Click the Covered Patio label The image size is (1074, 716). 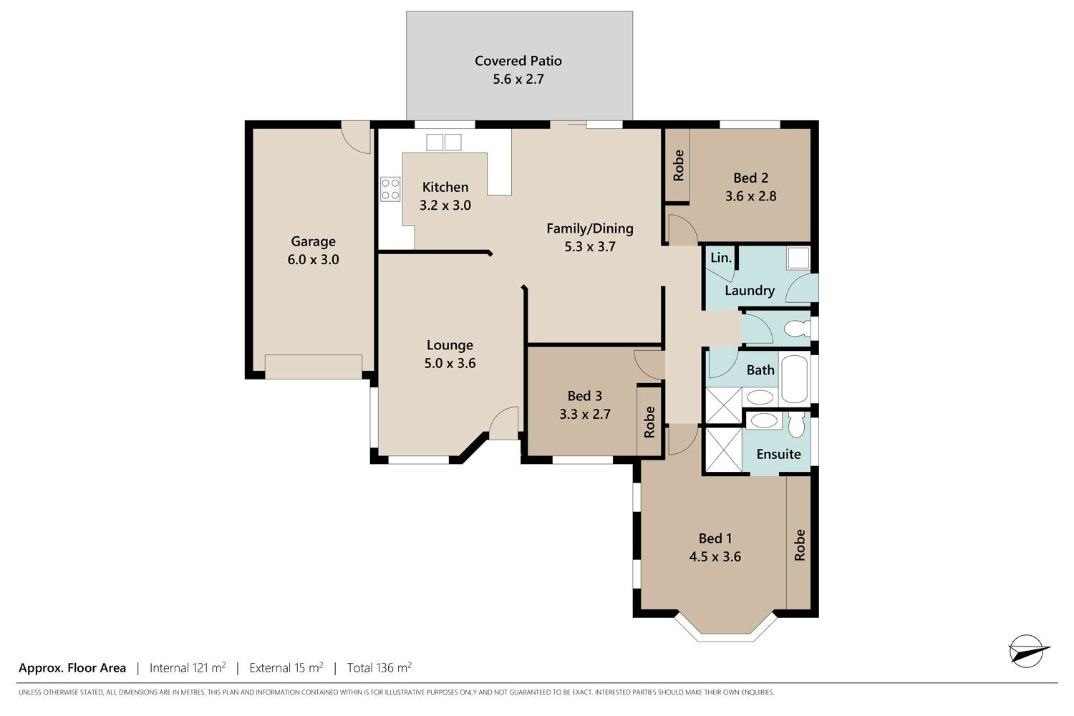tap(518, 61)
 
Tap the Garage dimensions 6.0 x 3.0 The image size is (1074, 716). tap(313, 259)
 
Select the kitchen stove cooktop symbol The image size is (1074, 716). tap(390, 189)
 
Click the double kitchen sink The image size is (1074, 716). tap(444, 142)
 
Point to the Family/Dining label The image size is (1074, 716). tap(590, 228)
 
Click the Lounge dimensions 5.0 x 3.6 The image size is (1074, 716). tap(450, 363)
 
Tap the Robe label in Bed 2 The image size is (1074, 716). tap(679, 165)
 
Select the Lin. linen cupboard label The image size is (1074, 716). tap(720, 258)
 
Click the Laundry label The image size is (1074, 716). tap(750, 291)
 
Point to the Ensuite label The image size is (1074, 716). tap(779, 454)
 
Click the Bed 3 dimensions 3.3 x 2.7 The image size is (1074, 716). tap(585, 414)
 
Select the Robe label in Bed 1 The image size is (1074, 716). tap(800, 545)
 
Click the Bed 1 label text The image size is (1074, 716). tap(715, 538)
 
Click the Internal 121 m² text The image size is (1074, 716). tap(188, 667)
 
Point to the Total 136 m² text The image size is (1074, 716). tap(379, 667)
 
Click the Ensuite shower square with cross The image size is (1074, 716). tap(723, 450)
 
